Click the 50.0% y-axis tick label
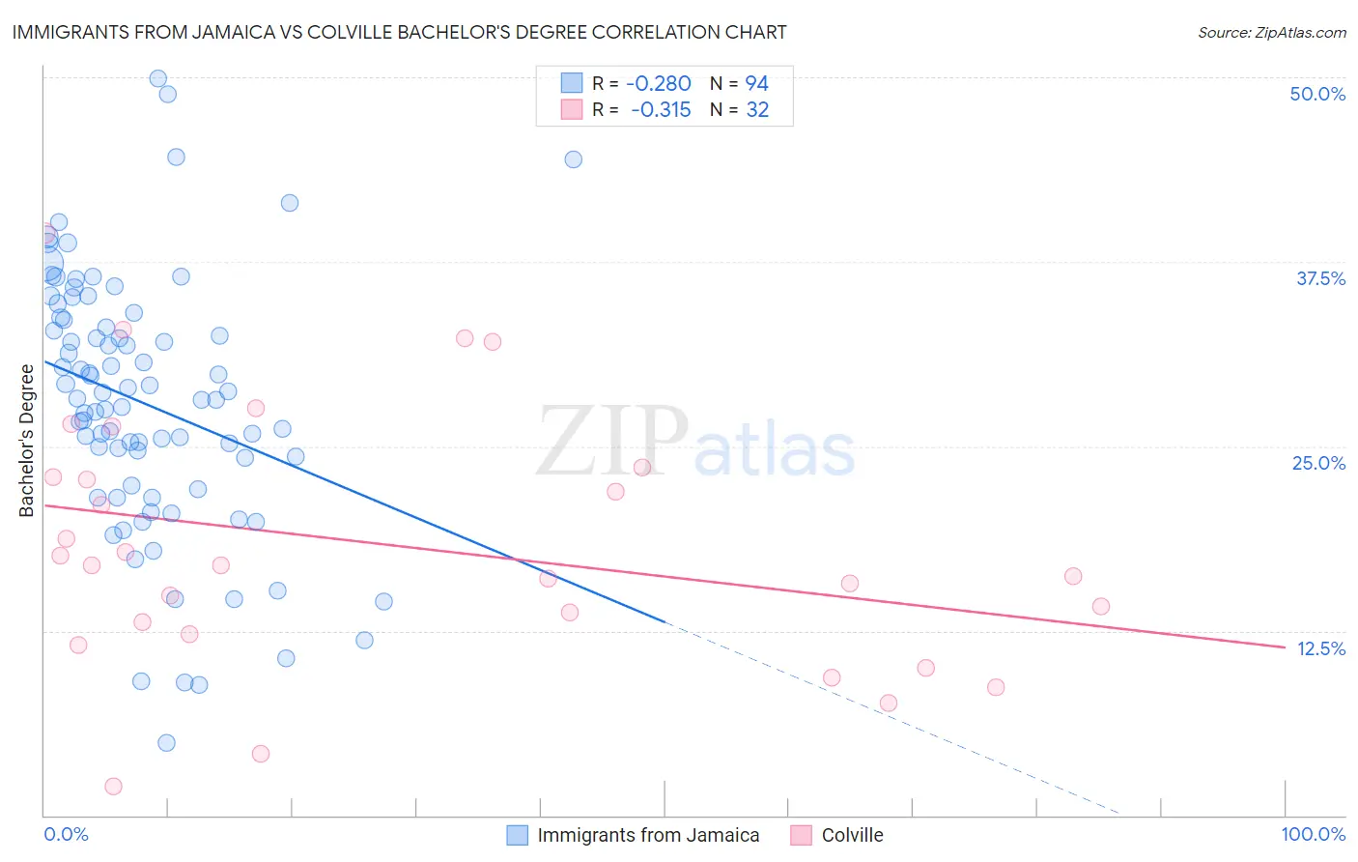[x=1317, y=94]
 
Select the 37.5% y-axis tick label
[x=1320, y=278]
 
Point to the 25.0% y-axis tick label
[x=1318, y=463]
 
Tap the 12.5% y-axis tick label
[x=1320, y=648]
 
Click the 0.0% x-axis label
[x=66, y=834]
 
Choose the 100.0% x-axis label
[x=1313, y=834]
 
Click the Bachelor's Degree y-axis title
[x=26, y=441]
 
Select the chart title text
[x=399, y=32]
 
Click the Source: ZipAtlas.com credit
[x=1271, y=32]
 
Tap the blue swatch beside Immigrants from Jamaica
[x=518, y=835]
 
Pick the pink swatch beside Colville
[x=801, y=835]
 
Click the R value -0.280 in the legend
[x=659, y=84]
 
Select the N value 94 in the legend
[x=756, y=84]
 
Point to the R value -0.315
[x=661, y=110]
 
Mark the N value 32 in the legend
[x=757, y=110]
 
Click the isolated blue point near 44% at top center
[x=573, y=159]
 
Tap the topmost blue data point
[x=158, y=78]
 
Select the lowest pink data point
[x=113, y=787]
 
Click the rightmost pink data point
[x=1101, y=607]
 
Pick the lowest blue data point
[x=166, y=743]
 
